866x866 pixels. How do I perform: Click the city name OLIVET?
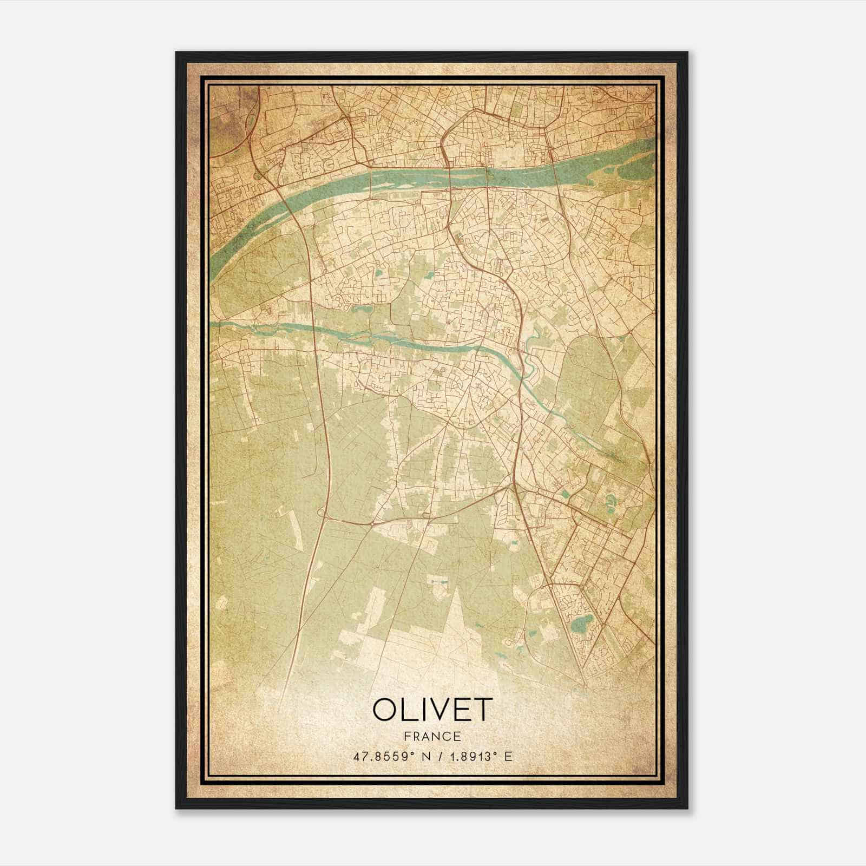432,710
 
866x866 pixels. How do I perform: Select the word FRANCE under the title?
432,737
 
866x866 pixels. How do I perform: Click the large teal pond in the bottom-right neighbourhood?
580,627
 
